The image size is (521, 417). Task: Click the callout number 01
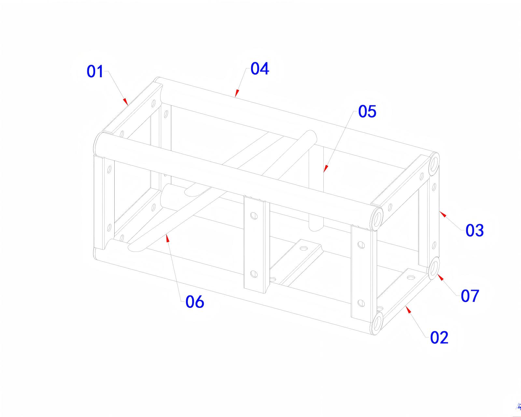click(95, 71)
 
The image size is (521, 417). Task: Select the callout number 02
click(439, 338)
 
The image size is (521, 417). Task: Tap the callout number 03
click(474, 230)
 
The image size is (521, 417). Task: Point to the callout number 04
click(260, 68)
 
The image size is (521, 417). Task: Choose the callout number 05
click(367, 111)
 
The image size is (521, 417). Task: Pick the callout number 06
click(195, 302)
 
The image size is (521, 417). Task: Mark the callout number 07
click(470, 296)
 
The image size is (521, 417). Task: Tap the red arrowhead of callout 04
click(237, 93)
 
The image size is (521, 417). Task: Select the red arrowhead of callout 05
click(326, 169)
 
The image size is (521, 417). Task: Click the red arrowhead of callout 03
click(443, 214)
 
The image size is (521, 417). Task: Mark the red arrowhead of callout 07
click(440, 278)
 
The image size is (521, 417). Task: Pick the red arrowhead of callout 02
click(408, 310)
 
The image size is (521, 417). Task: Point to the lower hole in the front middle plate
click(254, 274)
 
